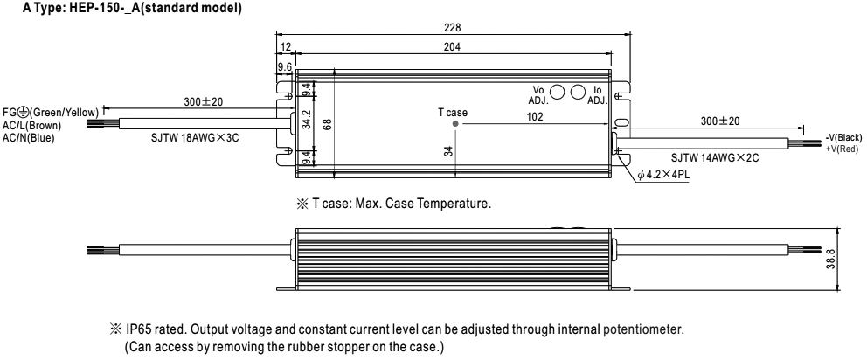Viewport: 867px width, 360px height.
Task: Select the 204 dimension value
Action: [x=452, y=47]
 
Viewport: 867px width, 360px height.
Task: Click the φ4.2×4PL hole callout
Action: [x=665, y=175]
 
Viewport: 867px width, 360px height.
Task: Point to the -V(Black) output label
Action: [x=843, y=138]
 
